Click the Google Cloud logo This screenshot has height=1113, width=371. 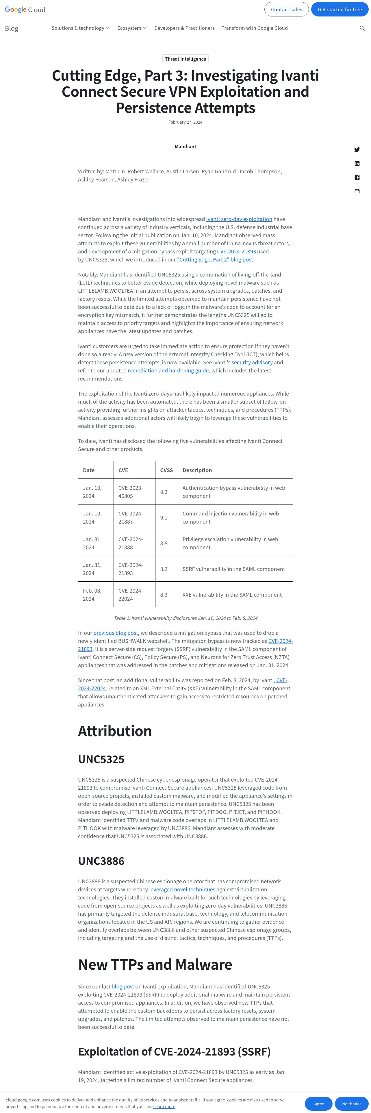coord(25,10)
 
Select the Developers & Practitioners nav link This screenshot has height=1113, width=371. coord(184,28)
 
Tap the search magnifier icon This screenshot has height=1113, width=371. coord(362,28)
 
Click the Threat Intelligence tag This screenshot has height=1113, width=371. coord(185,59)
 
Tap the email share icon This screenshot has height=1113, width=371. coord(357,191)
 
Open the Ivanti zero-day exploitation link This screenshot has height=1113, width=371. coord(239,219)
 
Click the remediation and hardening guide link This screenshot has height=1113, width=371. coord(168,370)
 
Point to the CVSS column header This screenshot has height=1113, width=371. coord(166,470)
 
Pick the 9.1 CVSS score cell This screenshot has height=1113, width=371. coord(164,517)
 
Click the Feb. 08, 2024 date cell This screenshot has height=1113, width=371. coord(92,595)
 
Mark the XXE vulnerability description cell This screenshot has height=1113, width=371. coord(232,595)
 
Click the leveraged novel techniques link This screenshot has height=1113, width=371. coord(182,889)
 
